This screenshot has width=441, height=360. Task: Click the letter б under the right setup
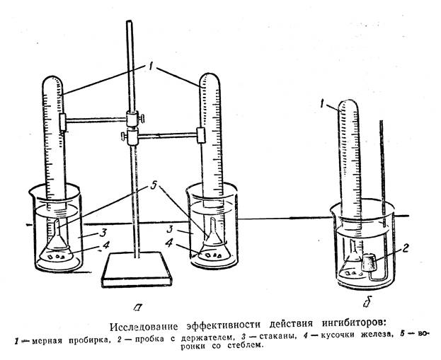365,306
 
